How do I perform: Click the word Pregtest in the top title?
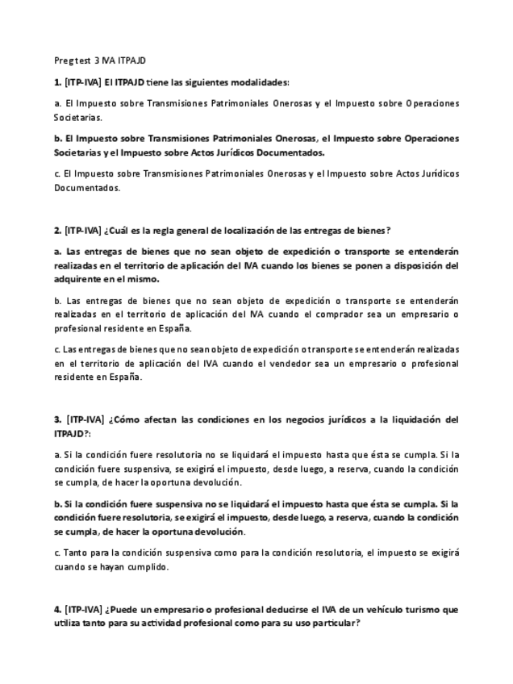(71, 60)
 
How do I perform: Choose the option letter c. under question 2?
(56, 349)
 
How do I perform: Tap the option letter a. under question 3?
(57, 455)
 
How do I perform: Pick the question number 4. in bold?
(57, 610)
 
